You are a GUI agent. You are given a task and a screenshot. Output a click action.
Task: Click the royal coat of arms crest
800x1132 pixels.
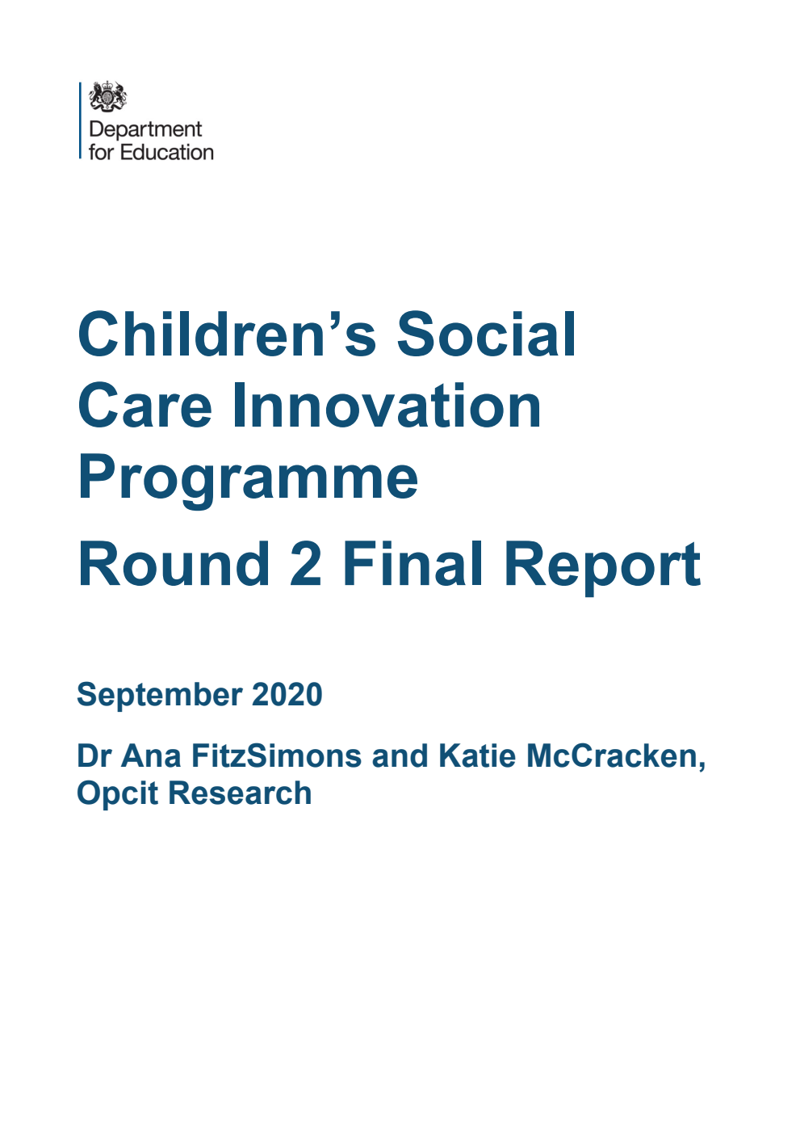coord(107,97)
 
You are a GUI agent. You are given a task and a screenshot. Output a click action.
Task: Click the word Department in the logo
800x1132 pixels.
coord(145,129)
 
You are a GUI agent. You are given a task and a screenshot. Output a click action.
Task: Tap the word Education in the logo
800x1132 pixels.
coord(167,152)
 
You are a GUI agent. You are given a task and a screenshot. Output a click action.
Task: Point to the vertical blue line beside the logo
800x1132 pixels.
coord(80,120)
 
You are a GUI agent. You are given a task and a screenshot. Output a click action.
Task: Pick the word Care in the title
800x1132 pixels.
coord(145,406)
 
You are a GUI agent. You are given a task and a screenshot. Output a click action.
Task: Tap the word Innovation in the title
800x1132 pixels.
coord(387,406)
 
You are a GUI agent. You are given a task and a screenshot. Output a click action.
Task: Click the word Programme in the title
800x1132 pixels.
coord(248,478)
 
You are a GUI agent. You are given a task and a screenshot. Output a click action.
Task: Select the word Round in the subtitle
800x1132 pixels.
coord(174,564)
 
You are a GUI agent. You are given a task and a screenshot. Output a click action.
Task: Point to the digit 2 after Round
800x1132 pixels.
coord(306,564)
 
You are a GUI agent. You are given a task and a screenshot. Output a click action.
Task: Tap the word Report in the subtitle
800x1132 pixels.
coord(602,564)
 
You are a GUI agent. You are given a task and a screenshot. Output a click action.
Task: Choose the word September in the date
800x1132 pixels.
coord(159,695)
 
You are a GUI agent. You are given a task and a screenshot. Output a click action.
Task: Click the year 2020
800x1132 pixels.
coord(287,695)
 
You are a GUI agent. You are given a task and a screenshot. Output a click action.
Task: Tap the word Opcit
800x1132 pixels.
coord(117,793)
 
